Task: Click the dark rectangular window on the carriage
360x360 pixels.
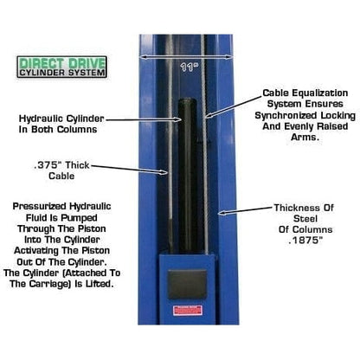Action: click(x=186, y=283)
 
